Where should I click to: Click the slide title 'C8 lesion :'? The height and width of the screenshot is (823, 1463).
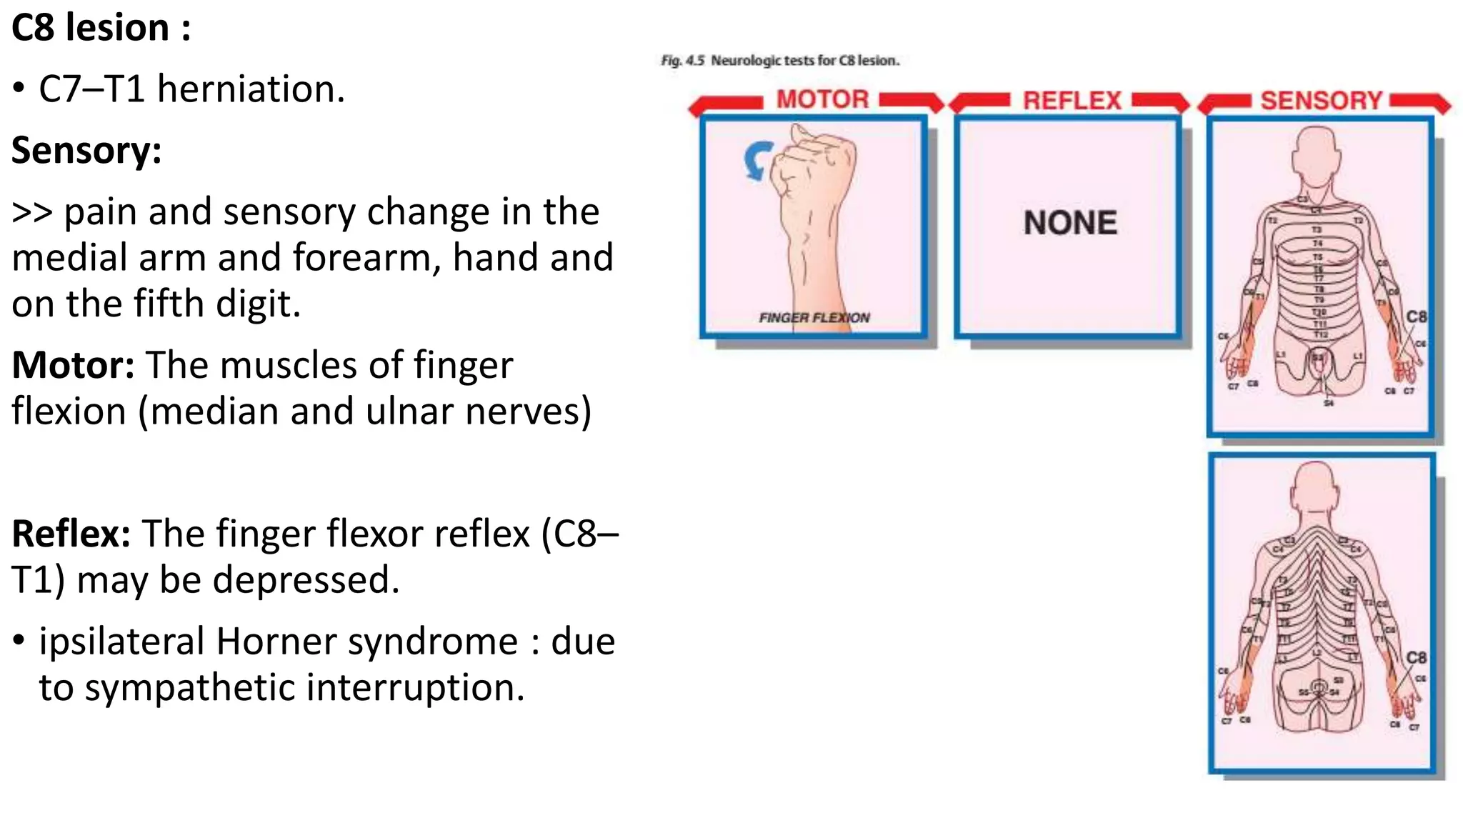click(101, 29)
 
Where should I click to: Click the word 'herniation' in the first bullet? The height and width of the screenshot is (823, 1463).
click(251, 89)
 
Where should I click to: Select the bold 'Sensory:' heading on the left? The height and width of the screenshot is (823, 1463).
click(86, 151)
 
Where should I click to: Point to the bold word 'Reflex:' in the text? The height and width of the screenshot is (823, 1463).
click(71, 534)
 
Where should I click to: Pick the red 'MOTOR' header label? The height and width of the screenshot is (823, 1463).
click(822, 99)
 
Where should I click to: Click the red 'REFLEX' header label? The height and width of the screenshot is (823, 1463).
click(1072, 101)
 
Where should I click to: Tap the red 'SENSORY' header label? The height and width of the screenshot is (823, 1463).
click(1321, 101)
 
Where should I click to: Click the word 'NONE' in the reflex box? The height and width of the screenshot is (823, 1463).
click(1070, 223)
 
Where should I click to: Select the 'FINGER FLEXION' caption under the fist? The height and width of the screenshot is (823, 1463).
click(814, 317)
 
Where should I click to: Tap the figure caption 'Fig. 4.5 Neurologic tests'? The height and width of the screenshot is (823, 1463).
click(779, 61)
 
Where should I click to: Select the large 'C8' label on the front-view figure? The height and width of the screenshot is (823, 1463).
click(1416, 316)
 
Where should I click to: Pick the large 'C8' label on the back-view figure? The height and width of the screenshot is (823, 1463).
click(1416, 657)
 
